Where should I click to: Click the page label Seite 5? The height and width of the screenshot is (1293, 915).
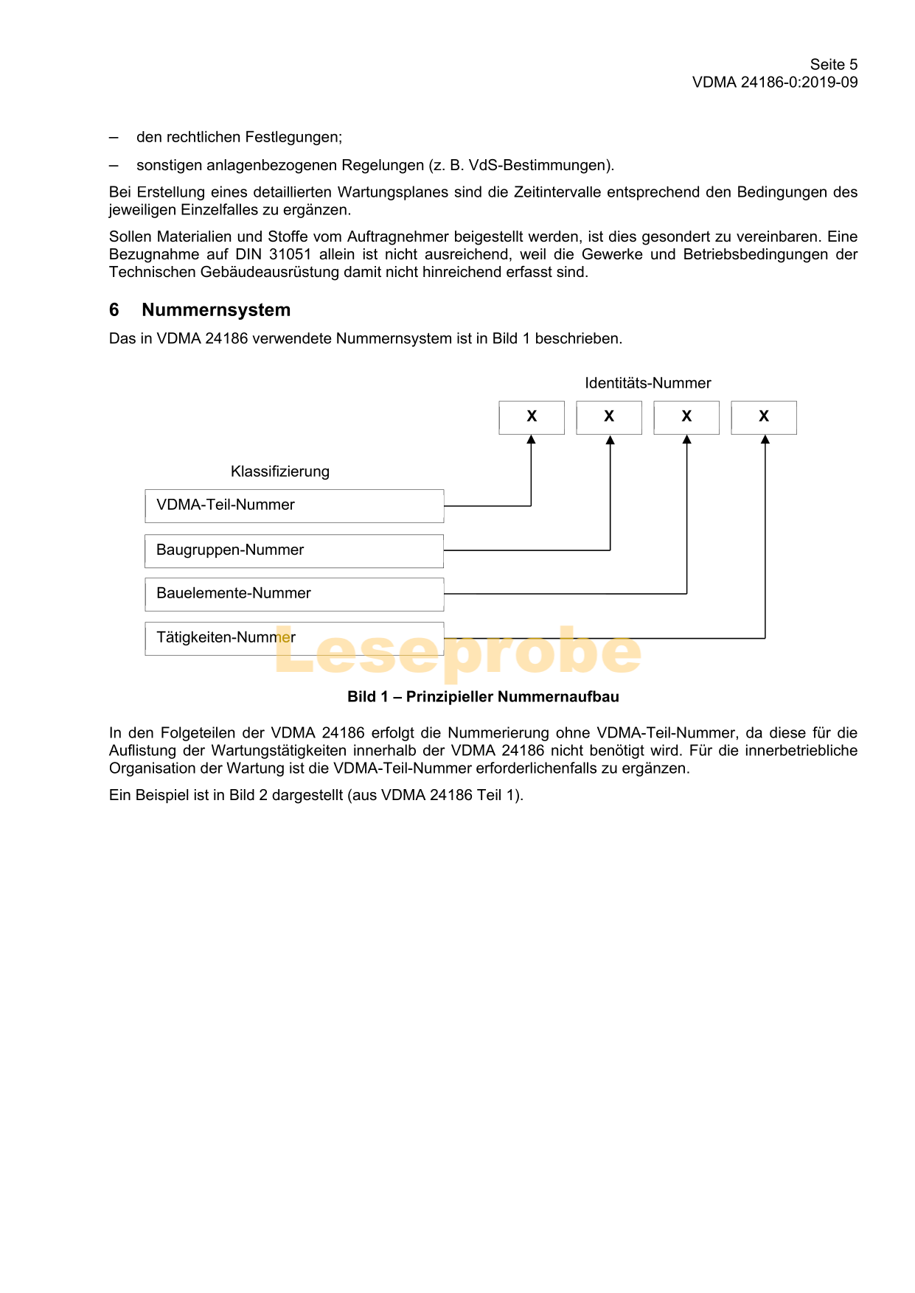[x=833, y=65]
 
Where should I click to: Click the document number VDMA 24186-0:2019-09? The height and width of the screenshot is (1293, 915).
[x=774, y=83]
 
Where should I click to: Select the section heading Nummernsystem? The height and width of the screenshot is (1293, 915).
[x=216, y=310]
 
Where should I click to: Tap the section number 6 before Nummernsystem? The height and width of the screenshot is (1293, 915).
[x=114, y=310]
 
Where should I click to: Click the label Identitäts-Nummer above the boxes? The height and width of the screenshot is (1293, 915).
[x=647, y=383]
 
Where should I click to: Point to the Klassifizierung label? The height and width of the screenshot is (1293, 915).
[x=280, y=472]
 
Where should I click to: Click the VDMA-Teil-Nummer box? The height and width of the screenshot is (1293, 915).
[x=294, y=506]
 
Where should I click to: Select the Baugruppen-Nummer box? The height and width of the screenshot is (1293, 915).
[x=294, y=551]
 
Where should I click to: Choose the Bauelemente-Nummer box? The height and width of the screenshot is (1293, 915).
[x=294, y=595]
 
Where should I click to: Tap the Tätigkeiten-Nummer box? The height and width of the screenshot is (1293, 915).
[x=294, y=639]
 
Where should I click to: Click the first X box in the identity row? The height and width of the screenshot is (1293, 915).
[x=532, y=418]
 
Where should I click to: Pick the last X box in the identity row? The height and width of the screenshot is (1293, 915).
[x=764, y=418]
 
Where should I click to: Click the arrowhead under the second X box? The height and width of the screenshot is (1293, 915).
[x=610, y=441]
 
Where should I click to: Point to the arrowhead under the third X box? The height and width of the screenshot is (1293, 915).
[x=687, y=441]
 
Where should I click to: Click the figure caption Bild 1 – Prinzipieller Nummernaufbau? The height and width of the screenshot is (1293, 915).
[x=483, y=697]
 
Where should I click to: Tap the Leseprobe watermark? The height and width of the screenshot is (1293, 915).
[x=457, y=653]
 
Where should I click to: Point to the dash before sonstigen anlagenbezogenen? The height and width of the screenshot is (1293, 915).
[x=114, y=165]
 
